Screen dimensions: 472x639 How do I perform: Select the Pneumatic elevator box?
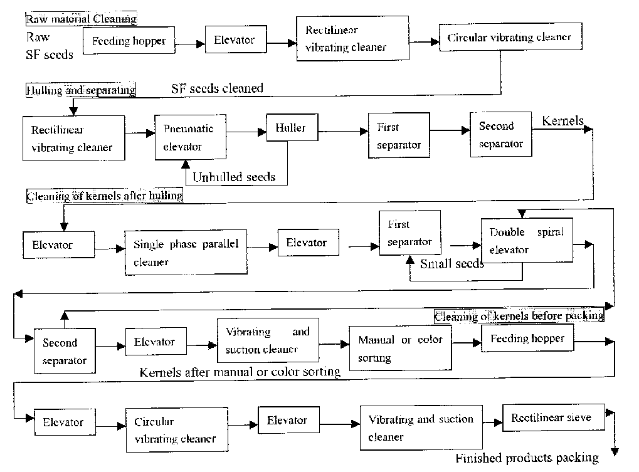pyautogui.click(x=189, y=138)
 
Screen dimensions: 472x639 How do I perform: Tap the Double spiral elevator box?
pyautogui.click(x=526, y=240)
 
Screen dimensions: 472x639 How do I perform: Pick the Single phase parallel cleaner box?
pyautogui.click(x=186, y=252)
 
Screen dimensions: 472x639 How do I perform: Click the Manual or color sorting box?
pyautogui.click(x=400, y=349)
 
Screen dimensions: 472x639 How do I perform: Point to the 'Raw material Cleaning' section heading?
pyautogui.click(x=82, y=19)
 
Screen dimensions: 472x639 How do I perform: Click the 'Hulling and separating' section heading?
pyautogui.click(x=81, y=90)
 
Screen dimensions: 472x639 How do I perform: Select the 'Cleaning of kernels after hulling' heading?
pyautogui.click(x=104, y=196)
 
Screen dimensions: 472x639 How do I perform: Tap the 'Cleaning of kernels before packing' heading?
pyautogui.click(x=519, y=316)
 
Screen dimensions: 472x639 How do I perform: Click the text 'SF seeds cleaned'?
pyautogui.click(x=217, y=89)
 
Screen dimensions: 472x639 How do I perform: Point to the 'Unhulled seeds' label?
pyautogui.click(x=233, y=177)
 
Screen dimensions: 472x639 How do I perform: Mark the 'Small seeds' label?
pyautogui.click(x=452, y=264)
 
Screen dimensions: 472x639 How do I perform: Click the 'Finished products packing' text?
pyautogui.click(x=527, y=458)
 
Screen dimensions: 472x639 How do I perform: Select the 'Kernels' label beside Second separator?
pyautogui.click(x=562, y=121)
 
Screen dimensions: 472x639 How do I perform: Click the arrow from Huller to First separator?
pyautogui.click(x=342, y=131)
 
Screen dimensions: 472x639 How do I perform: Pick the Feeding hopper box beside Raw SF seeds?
pyautogui.click(x=129, y=41)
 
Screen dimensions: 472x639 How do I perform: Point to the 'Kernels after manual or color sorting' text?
pyautogui.click(x=240, y=372)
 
